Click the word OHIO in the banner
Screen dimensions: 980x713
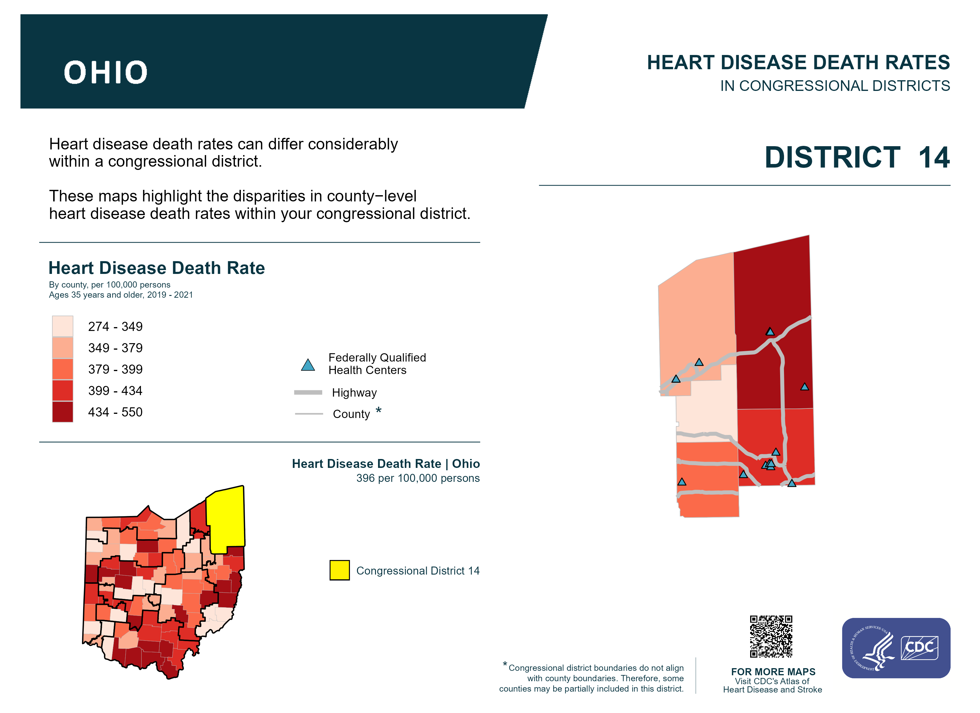tap(106, 72)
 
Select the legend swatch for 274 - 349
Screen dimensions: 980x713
tap(63, 326)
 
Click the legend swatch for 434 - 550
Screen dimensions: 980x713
tap(63, 412)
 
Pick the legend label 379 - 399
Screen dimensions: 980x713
tap(115, 369)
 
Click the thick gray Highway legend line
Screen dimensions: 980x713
tap(308, 392)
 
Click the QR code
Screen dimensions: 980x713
tap(771, 636)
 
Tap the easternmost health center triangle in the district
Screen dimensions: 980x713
tap(804, 387)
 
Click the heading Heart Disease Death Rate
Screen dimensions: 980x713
tap(157, 268)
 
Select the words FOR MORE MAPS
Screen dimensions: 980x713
tap(773, 671)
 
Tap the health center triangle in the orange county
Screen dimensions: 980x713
tap(682, 482)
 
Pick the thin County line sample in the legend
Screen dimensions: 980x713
tap(309, 414)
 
